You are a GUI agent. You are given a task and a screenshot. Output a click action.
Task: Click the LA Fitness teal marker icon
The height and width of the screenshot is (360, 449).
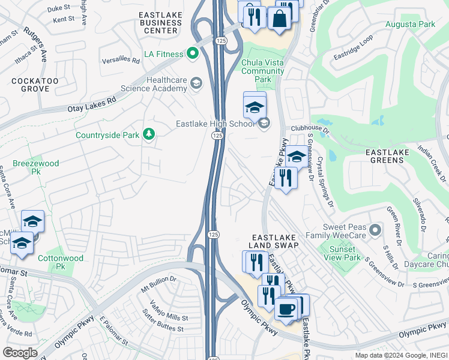click(193, 54)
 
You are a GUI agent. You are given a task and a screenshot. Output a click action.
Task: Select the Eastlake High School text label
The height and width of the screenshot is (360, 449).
click(215, 124)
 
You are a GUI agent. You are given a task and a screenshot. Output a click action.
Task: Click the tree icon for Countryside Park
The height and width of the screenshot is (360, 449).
click(149, 134)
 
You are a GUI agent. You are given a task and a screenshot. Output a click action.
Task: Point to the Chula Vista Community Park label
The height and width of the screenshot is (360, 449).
click(263, 71)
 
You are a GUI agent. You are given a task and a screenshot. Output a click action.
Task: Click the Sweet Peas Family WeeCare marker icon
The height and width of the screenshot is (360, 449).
click(375, 230)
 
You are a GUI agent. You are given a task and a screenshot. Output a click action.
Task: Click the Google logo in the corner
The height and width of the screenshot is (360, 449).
click(20, 352)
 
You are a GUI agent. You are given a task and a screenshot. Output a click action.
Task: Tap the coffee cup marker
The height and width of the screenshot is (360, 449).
click(286, 308)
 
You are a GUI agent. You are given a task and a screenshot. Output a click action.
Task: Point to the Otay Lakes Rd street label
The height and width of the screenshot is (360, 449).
click(91, 106)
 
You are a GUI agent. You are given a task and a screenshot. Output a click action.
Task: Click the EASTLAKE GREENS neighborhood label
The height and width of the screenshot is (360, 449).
click(396, 152)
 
